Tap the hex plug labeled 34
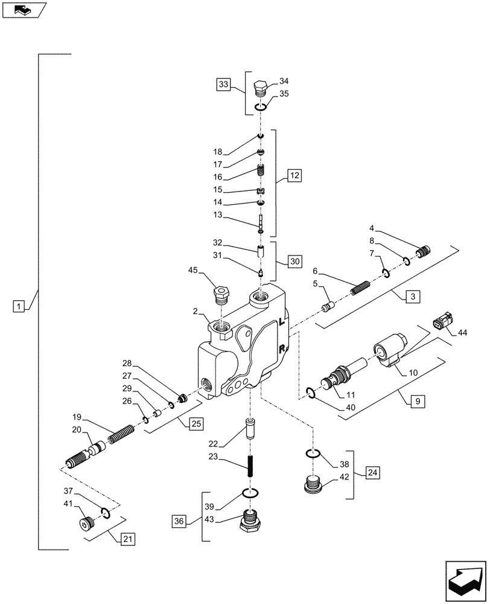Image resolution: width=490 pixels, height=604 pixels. tap(261, 88)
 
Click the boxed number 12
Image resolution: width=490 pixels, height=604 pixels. tap(294, 176)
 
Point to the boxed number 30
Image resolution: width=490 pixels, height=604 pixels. tap(294, 262)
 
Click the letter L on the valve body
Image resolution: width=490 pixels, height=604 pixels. tap(282, 322)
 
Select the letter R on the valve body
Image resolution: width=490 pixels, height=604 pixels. tap(282, 347)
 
